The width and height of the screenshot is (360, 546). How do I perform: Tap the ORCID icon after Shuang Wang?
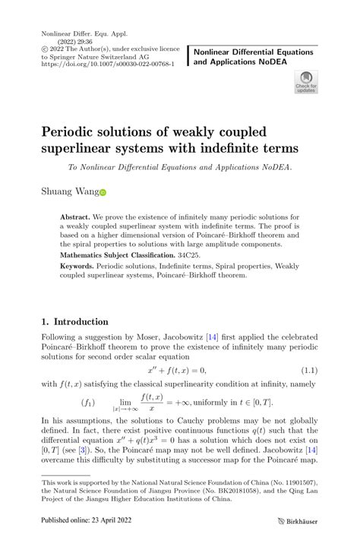[x=103, y=193]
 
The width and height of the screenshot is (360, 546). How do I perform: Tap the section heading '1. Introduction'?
[x=74, y=321]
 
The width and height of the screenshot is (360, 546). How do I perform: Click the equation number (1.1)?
[x=308, y=370]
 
